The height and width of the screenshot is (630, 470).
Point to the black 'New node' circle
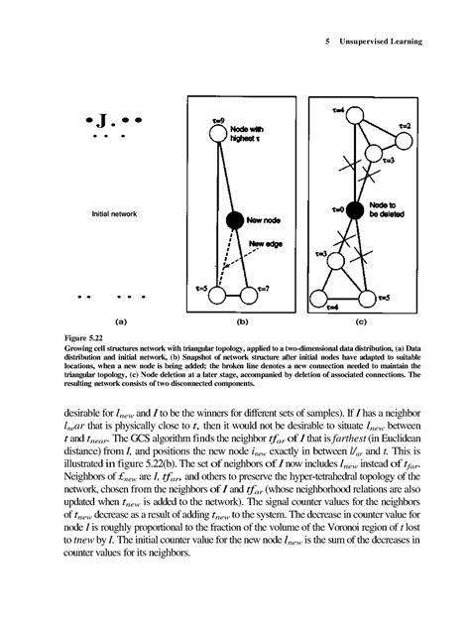coord(234,219)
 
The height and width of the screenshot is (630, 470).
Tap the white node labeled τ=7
coord(252,296)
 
